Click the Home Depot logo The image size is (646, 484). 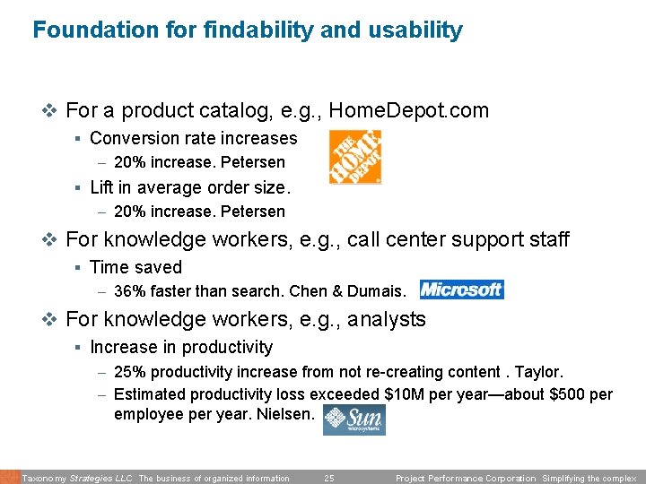355,157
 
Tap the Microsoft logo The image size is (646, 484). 462,290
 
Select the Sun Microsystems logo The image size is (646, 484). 354,419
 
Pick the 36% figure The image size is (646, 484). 129,290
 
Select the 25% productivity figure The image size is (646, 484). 129,372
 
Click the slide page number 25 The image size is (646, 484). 328,479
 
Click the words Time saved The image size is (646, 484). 135,267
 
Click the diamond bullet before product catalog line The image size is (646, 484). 50,111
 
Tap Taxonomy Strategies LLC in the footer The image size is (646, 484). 77,479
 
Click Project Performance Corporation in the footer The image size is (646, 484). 467,479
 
